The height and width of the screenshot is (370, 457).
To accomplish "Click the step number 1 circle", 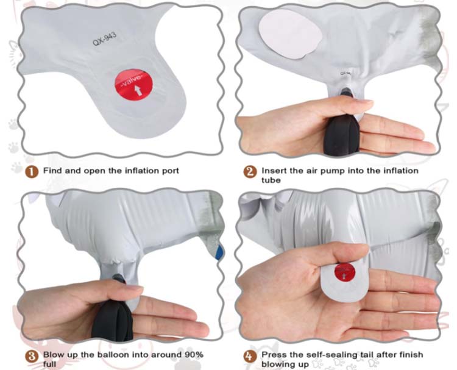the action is (32, 172).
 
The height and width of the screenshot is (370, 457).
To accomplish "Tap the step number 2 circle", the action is (250, 172).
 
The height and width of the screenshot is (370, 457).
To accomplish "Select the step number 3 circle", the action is (32, 357).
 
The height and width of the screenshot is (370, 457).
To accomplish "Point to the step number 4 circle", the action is (250, 357).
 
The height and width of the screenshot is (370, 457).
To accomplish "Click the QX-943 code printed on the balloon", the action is (105, 39).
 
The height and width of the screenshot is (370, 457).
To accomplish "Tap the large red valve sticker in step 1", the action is (134, 85).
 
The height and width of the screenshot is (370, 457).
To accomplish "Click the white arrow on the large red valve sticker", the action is (139, 91).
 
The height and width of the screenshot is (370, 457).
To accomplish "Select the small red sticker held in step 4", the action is (345, 272).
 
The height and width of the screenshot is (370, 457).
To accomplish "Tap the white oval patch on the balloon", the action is (290, 34).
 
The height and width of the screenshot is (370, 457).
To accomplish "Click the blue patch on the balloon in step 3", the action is (220, 252).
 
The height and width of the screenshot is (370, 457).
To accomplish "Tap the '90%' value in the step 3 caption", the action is (194, 355).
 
